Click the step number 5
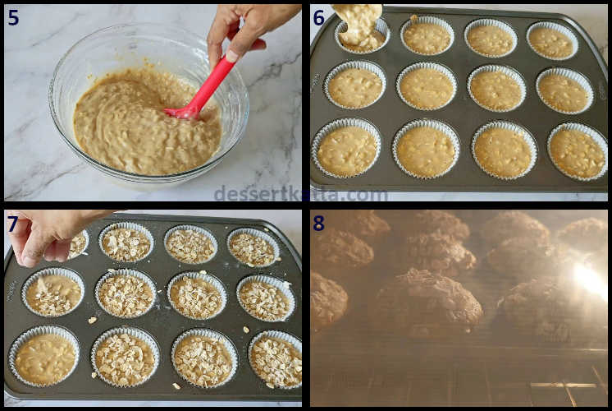(13, 17)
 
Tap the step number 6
(319, 18)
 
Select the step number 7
(12, 224)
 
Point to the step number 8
(318, 224)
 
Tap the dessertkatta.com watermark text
(300, 193)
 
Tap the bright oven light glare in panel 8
(589, 279)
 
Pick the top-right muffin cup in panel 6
(552, 40)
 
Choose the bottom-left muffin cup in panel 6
(346, 148)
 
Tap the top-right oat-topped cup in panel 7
(253, 247)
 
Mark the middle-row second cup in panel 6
(427, 86)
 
